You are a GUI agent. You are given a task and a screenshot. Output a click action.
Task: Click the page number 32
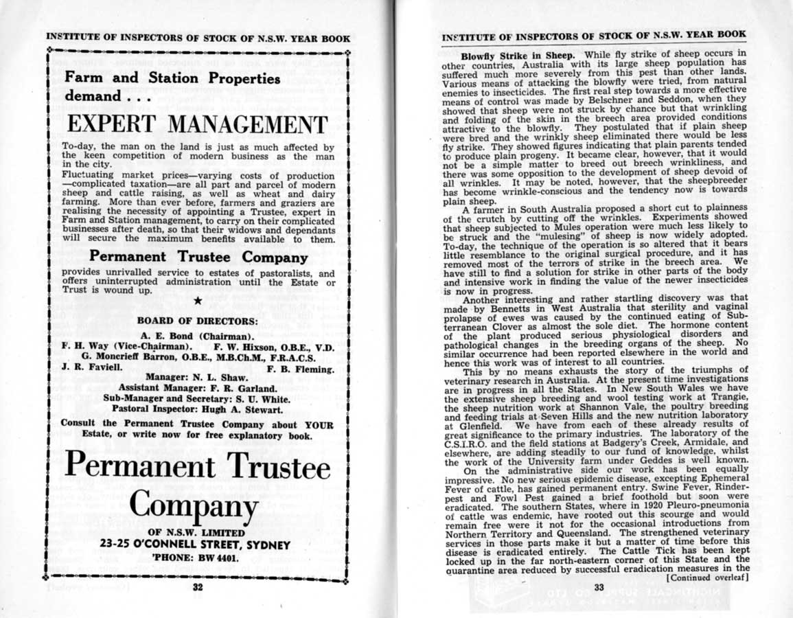click(x=197, y=587)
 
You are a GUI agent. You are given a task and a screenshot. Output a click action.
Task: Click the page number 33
click(x=598, y=587)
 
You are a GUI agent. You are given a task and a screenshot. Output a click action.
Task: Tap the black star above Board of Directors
click(x=198, y=300)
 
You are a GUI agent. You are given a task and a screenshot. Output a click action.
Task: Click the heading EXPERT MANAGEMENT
click(x=197, y=126)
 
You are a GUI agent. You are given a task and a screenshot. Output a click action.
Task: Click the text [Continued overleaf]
click(x=706, y=577)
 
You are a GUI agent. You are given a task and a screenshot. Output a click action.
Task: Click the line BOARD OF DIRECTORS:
click(x=197, y=321)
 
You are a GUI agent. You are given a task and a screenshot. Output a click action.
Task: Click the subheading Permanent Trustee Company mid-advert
click(x=198, y=258)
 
